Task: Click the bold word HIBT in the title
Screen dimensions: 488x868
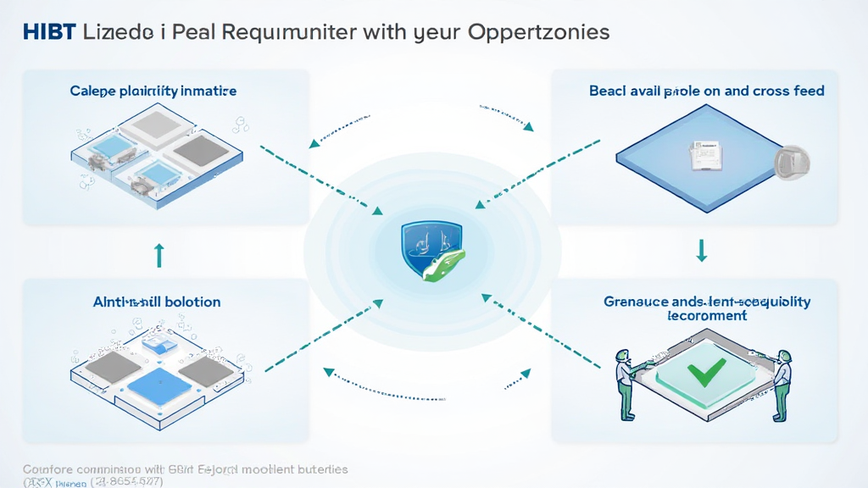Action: (49, 32)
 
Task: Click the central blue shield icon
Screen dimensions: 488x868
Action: (432, 246)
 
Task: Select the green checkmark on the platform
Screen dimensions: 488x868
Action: (706, 370)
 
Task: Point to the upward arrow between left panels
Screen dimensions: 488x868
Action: (159, 255)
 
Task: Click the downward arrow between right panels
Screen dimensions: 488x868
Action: (701, 250)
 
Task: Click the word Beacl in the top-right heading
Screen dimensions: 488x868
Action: (609, 91)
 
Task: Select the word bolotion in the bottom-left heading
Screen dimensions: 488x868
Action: (192, 302)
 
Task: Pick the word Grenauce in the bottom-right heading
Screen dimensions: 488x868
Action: (634, 302)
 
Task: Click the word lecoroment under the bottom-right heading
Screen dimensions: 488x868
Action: (707, 316)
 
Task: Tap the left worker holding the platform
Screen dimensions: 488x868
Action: (626, 380)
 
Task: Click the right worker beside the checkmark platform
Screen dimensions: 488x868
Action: (782, 382)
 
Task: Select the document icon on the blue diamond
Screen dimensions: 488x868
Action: (704, 155)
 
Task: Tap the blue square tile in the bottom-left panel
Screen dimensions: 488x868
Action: (160, 386)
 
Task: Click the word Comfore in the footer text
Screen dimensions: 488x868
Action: (47, 469)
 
